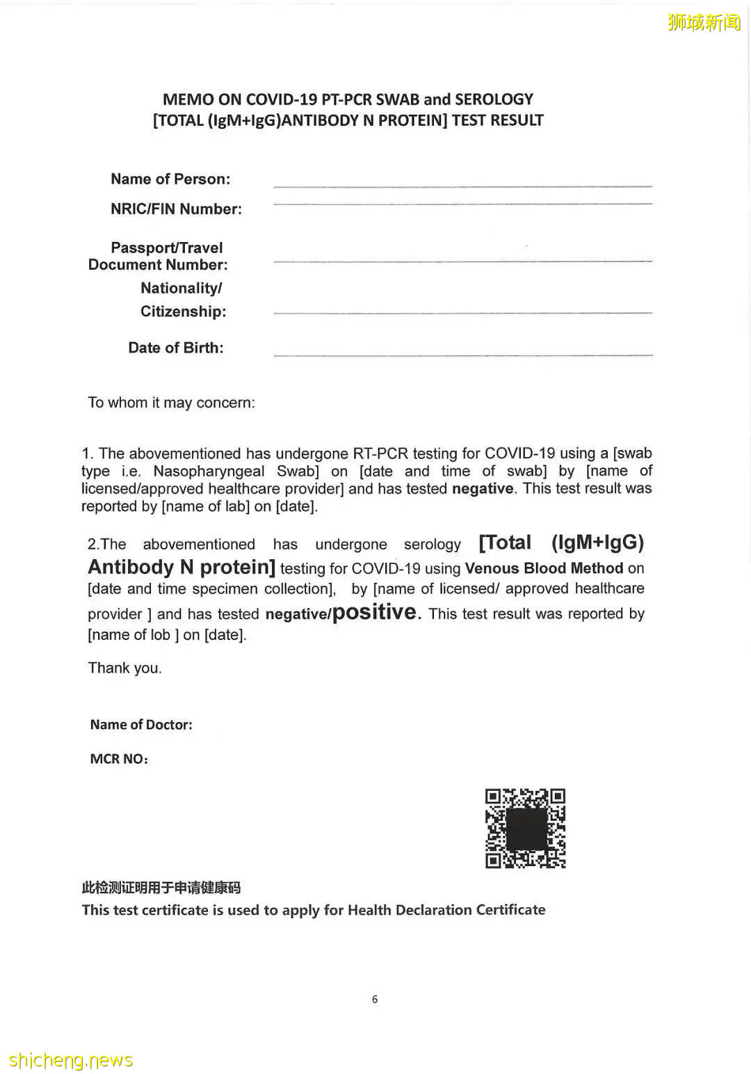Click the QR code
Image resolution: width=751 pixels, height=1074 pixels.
(x=525, y=828)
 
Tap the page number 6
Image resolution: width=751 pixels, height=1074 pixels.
(x=375, y=999)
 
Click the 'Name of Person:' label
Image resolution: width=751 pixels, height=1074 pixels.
(x=170, y=179)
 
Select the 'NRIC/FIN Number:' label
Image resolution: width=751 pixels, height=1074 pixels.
(x=176, y=209)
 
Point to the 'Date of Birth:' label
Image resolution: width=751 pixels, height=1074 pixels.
(x=176, y=348)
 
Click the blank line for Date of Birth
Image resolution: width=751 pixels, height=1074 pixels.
(x=463, y=355)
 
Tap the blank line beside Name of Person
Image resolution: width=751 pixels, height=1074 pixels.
(x=463, y=186)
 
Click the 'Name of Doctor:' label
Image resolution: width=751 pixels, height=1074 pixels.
(x=141, y=724)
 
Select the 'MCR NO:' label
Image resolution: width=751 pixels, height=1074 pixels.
(x=119, y=759)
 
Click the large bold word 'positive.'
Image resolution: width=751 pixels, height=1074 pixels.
(x=376, y=612)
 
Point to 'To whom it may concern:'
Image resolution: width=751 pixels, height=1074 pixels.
(x=171, y=403)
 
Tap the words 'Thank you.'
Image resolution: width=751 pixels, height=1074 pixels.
(x=124, y=668)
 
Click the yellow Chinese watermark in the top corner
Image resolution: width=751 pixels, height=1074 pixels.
(x=704, y=22)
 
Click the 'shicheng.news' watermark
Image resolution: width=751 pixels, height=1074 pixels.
(x=70, y=1060)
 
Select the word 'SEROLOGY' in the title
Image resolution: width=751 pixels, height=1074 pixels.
(x=494, y=99)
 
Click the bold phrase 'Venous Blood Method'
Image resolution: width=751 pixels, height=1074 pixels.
(x=544, y=568)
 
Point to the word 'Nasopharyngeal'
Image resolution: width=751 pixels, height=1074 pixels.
(x=209, y=471)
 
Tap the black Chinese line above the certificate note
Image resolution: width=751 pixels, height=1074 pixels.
(x=161, y=887)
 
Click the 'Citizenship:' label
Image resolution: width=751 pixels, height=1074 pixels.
(x=183, y=311)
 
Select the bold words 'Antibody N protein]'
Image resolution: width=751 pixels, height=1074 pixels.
(x=181, y=568)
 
